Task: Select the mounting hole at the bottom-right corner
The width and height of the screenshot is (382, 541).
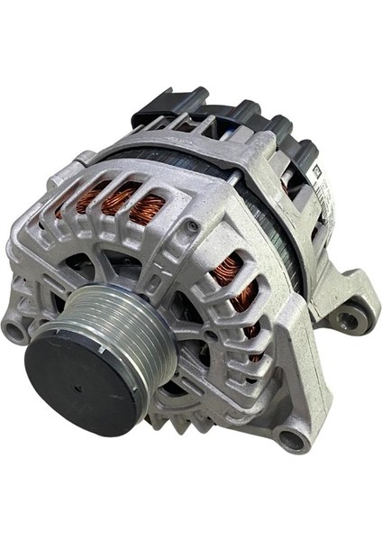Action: (291, 439)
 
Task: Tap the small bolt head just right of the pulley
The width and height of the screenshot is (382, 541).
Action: (210, 335)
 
